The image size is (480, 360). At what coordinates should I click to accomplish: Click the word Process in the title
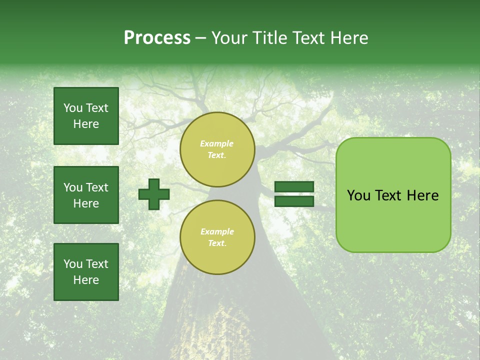pos(157,38)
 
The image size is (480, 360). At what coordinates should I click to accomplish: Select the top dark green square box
pos(86,116)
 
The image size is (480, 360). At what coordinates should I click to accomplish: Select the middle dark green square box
pos(86,195)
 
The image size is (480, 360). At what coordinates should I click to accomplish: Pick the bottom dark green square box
pos(86,271)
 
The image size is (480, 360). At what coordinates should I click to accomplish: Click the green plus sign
pos(154,194)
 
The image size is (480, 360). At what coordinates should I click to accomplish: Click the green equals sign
pos(294,194)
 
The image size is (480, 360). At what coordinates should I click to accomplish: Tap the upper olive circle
pos(217,149)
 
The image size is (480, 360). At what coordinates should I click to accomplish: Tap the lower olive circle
pos(217,237)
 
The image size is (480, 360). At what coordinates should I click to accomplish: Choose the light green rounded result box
pos(393,194)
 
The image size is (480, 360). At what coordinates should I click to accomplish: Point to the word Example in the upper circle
pos(217,143)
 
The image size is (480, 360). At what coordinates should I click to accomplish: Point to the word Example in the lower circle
pos(217,231)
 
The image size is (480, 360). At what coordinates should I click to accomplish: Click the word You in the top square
pos(73,108)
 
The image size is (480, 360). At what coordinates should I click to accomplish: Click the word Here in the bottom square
pos(86,280)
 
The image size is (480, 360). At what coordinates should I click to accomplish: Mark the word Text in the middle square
pos(96,187)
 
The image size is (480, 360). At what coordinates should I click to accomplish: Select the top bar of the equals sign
pos(294,187)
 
